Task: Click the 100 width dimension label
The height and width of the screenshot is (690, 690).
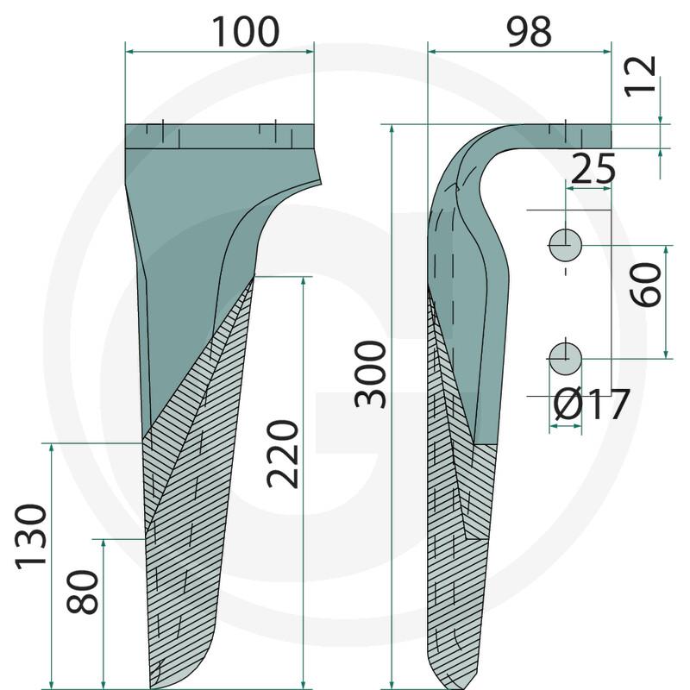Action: coord(246,32)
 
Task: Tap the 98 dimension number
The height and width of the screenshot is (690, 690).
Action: coord(529,32)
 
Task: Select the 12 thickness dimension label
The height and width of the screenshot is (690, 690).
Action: coord(641,75)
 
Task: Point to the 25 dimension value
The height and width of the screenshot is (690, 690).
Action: coord(593,168)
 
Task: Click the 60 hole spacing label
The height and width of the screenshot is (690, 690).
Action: coord(645,285)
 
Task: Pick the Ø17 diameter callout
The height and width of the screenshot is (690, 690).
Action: coord(591,405)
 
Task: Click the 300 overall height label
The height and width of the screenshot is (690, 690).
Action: coord(371,375)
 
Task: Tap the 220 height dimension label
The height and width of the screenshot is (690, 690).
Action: coord(283,455)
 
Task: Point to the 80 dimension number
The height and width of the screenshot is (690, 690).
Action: coord(82,592)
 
